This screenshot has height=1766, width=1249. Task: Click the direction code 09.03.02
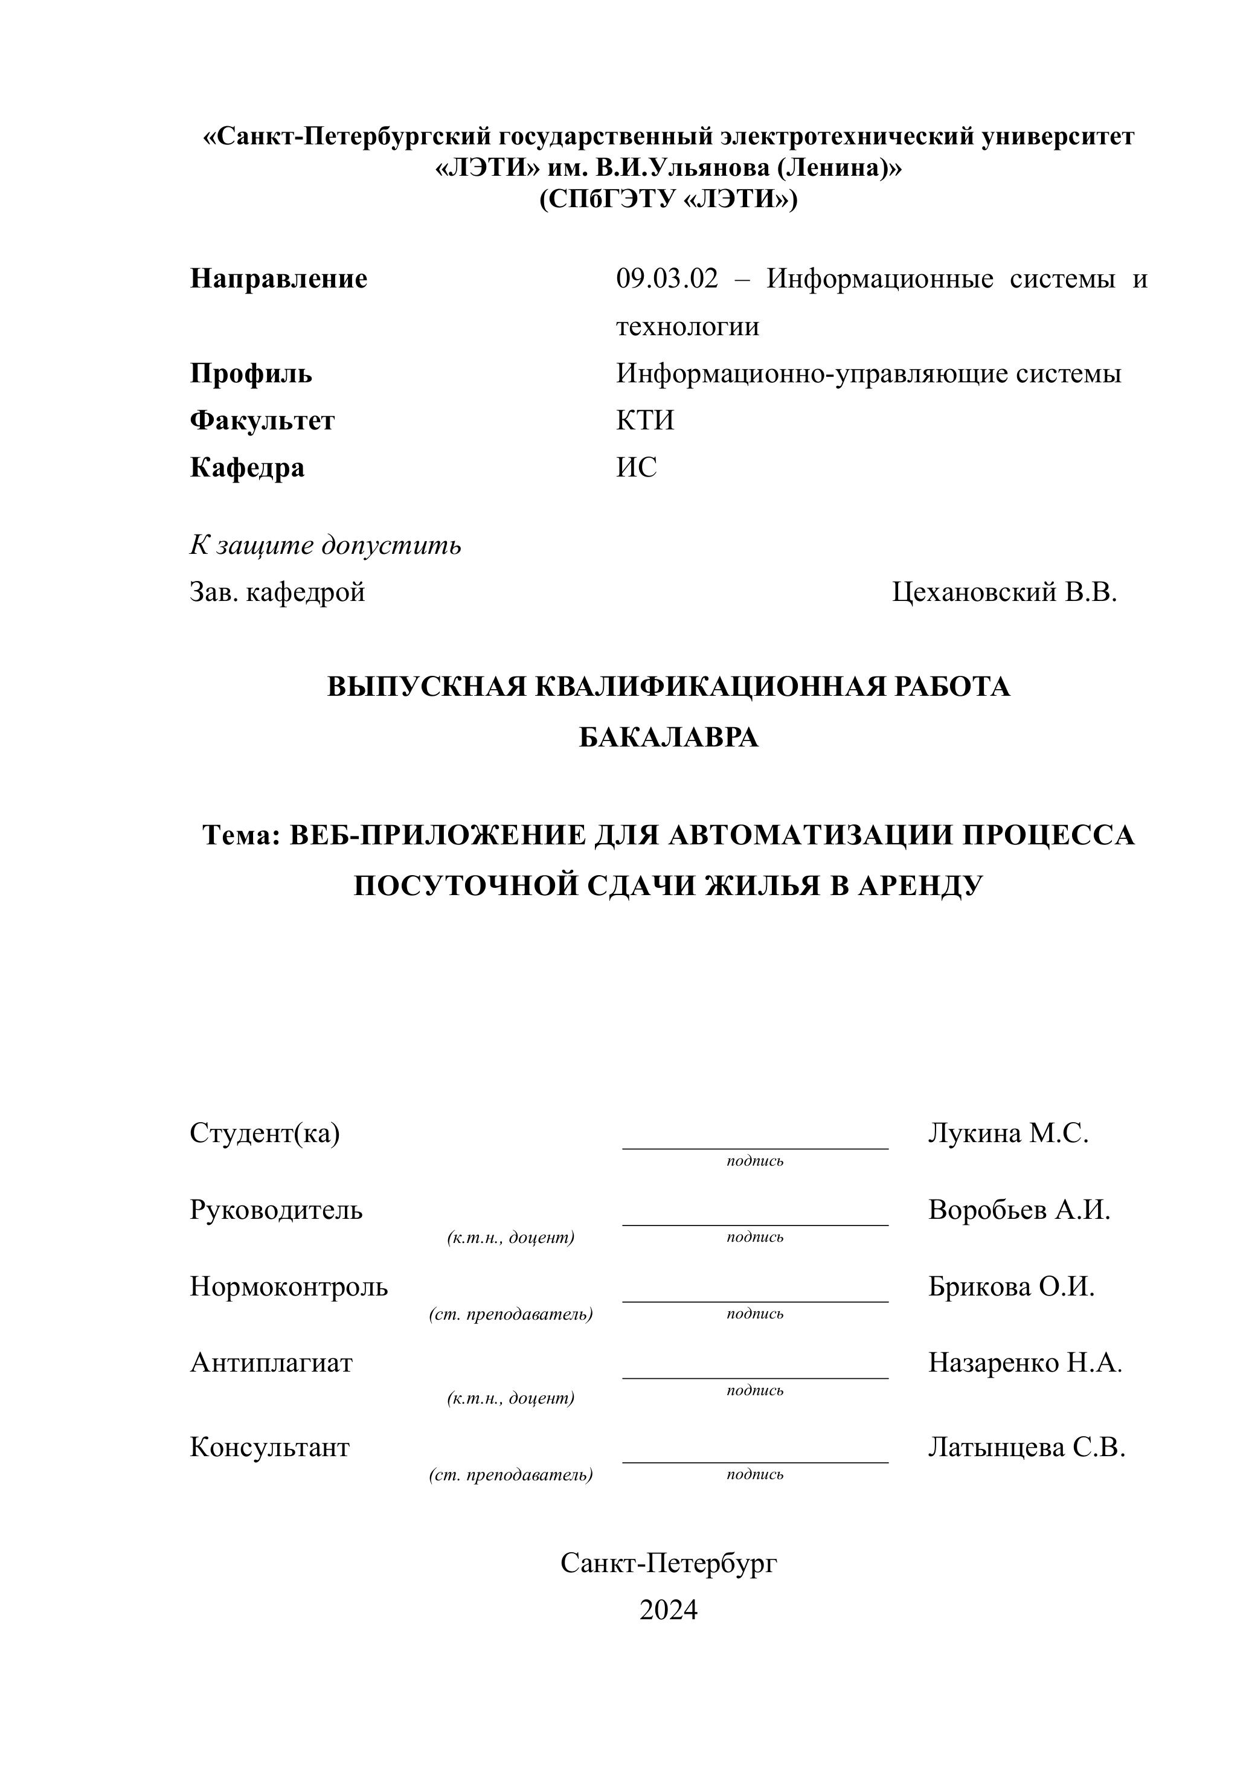(x=666, y=278)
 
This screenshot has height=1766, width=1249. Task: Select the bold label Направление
(x=278, y=278)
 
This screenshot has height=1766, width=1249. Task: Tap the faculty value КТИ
(x=644, y=421)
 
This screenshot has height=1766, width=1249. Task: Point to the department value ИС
(x=636, y=467)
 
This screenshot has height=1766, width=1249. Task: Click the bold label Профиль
(x=251, y=374)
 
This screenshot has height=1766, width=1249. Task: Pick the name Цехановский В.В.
(x=1004, y=592)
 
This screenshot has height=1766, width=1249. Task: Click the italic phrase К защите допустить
(x=326, y=545)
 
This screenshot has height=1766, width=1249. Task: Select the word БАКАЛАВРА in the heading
(x=669, y=737)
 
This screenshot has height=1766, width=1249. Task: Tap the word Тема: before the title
(x=242, y=835)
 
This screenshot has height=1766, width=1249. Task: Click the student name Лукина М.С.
(x=1007, y=1133)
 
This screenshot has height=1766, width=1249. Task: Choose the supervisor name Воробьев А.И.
(x=1019, y=1210)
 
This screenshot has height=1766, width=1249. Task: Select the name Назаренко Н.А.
(x=1024, y=1363)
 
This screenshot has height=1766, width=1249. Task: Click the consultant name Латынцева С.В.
(x=1026, y=1448)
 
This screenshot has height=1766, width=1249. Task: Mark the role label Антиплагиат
(x=271, y=1363)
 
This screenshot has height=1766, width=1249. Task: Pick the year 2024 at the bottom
(x=669, y=1610)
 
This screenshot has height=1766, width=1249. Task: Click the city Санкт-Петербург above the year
(x=669, y=1563)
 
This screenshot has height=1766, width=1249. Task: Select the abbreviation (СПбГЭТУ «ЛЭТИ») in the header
(x=669, y=199)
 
